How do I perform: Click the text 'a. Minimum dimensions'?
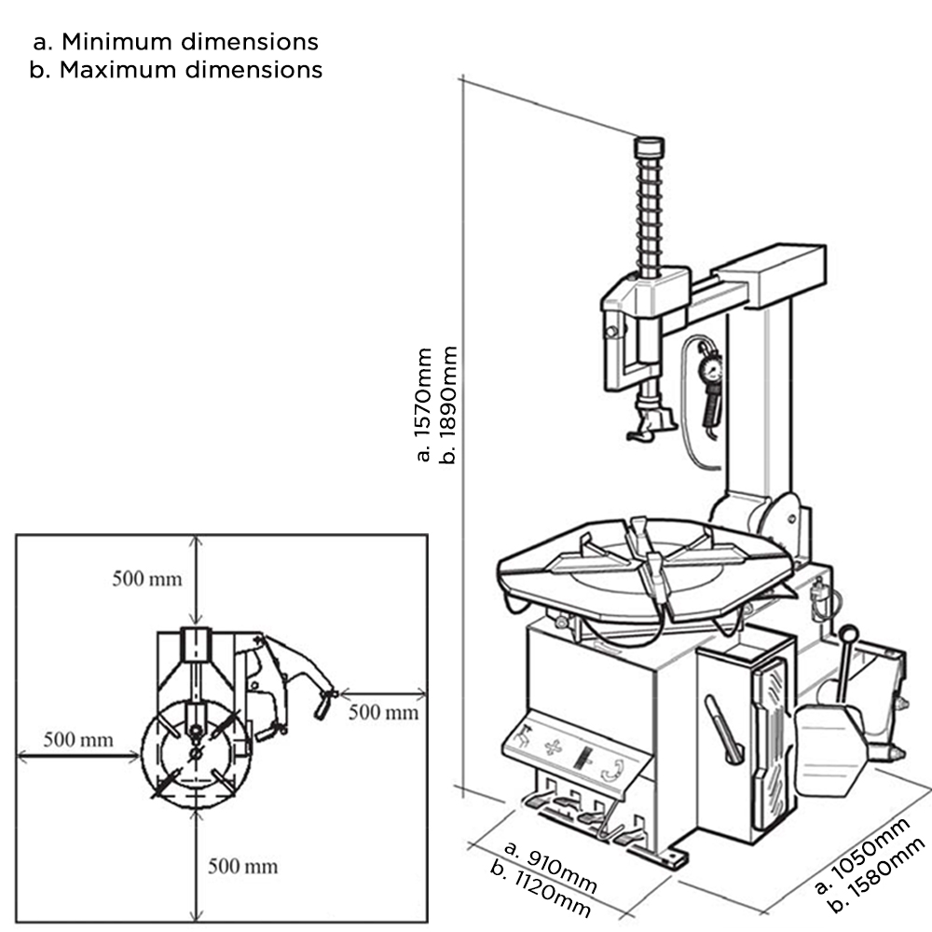tap(175, 42)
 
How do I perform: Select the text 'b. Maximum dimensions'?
tap(175, 70)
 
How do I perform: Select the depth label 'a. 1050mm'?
tap(862, 855)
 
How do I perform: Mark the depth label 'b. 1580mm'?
tap(881, 876)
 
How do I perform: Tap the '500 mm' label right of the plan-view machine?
tap(384, 713)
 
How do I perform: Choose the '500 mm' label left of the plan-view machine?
tap(78, 741)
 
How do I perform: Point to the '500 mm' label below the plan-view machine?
tap(243, 866)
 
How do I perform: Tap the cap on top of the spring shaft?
tap(649, 148)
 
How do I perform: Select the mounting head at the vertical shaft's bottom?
tap(651, 423)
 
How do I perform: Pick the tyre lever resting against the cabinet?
tap(723, 728)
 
